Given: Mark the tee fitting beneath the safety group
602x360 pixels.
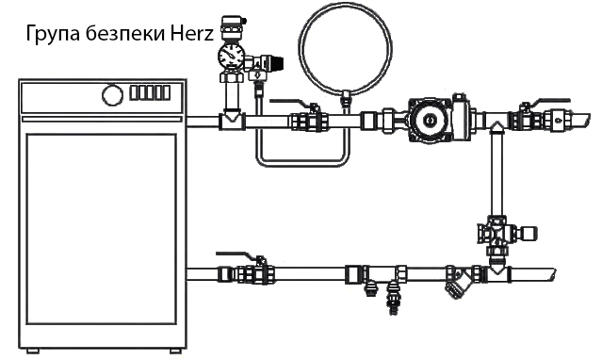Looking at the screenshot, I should click(230, 120).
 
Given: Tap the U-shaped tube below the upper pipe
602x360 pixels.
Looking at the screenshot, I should click(301, 155).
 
